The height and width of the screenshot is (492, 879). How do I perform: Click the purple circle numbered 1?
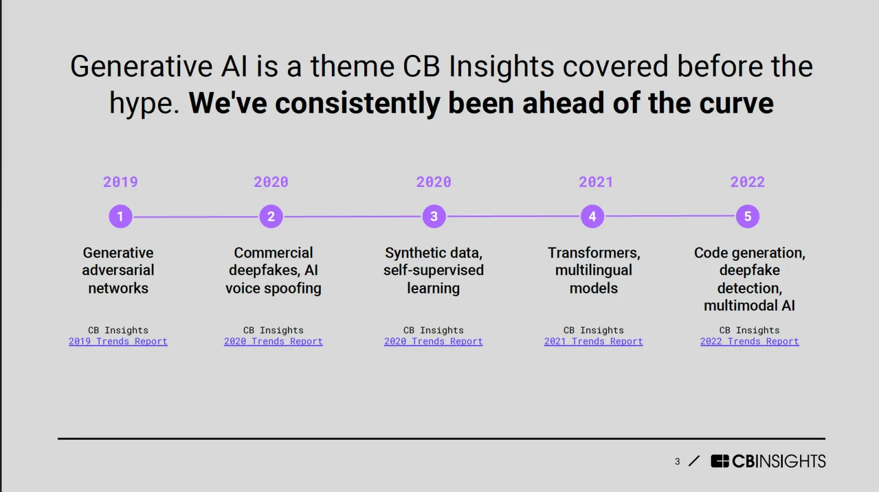(x=120, y=216)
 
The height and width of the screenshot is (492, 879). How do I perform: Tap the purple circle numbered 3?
(x=434, y=216)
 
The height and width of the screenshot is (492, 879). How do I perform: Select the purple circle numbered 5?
(x=748, y=216)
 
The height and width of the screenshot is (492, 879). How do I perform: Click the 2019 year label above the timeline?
(x=120, y=182)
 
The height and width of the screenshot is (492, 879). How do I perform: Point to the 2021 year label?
(x=596, y=182)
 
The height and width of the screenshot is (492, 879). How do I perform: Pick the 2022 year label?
(x=747, y=182)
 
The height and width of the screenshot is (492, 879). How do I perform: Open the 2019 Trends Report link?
(x=118, y=342)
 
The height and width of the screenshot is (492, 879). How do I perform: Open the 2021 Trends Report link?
(x=593, y=342)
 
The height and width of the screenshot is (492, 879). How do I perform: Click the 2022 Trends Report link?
(x=749, y=342)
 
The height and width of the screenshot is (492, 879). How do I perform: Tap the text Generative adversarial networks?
(x=118, y=270)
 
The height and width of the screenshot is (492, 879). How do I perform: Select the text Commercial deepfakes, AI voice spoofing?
(x=273, y=270)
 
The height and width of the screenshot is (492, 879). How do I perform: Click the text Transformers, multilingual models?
(x=593, y=270)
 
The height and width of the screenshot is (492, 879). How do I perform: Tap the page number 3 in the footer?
(x=677, y=462)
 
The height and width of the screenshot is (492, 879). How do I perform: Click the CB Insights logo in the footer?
(x=768, y=461)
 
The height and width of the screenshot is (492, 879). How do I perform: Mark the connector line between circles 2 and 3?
(x=353, y=217)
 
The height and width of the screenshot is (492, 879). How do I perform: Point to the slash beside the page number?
(x=694, y=461)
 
